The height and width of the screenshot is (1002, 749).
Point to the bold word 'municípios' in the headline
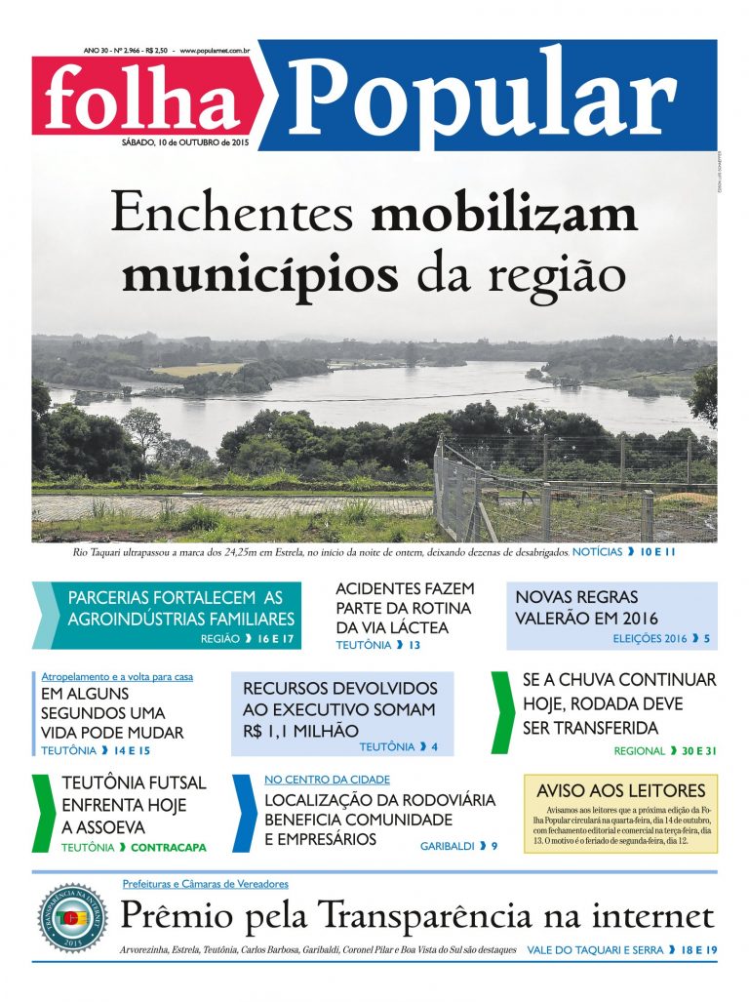[x=260, y=272]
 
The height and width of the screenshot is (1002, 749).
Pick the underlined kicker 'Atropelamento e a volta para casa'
[x=117, y=677]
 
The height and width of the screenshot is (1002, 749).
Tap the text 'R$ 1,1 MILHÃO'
[x=300, y=730]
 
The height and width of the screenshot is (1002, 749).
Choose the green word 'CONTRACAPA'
[x=168, y=848]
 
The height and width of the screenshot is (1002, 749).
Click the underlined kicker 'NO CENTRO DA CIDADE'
[x=327, y=780]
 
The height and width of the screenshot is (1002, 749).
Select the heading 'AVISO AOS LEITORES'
[x=620, y=790]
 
